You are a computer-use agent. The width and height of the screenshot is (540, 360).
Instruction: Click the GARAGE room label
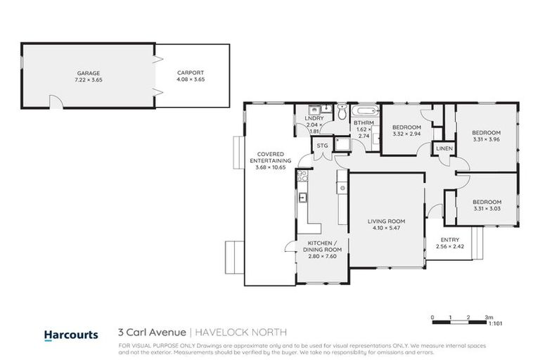tap(89, 72)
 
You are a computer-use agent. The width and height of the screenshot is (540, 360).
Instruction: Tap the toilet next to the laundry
tap(341, 112)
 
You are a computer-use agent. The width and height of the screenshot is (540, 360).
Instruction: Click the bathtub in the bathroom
tap(365, 111)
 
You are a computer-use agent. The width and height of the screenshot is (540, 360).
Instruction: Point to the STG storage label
tap(323, 146)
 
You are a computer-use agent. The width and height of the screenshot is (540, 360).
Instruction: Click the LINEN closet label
tap(444, 149)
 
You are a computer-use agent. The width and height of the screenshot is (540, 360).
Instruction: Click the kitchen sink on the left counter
tap(303, 198)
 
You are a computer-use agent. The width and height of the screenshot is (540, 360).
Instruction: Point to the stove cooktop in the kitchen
tap(342, 188)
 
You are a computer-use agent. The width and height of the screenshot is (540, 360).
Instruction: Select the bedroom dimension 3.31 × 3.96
tap(486, 139)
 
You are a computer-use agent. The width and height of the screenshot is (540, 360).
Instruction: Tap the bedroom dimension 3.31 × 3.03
tap(486, 207)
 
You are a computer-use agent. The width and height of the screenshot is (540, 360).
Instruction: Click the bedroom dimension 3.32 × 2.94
tap(406, 134)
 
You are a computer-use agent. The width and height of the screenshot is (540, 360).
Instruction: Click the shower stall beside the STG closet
tap(343, 145)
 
